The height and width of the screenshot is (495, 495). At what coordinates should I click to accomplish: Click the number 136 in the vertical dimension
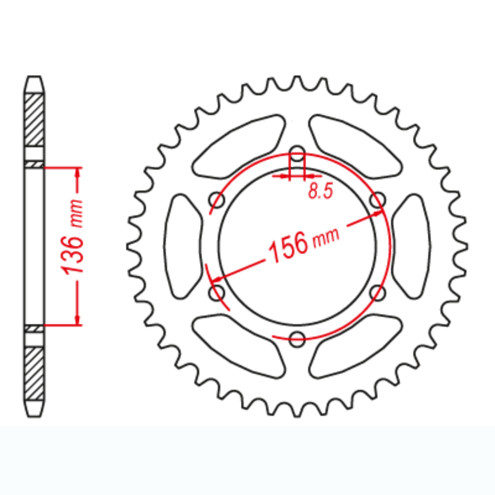[x=73, y=255]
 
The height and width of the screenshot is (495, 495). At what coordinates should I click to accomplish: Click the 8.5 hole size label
[x=320, y=191]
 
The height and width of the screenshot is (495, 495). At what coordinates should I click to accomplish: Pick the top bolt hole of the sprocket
[x=297, y=153]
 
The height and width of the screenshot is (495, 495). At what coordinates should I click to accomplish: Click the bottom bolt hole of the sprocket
[x=297, y=339]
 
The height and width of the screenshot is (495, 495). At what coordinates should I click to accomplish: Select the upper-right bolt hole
[x=377, y=200]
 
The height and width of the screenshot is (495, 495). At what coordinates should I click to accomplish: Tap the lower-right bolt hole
[x=377, y=293]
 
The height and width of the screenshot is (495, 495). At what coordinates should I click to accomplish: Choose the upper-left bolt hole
[x=217, y=200]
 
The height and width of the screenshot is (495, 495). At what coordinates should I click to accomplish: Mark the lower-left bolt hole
[x=217, y=293]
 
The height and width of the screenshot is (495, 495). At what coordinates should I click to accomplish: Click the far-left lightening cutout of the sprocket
[x=184, y=246]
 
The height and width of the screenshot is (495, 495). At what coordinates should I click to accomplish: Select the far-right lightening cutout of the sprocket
[x=411, y=246]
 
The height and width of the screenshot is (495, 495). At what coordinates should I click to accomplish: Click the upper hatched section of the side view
[x=34, y=120]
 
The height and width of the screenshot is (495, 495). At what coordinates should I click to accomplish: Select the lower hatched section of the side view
[x=34, y=373]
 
